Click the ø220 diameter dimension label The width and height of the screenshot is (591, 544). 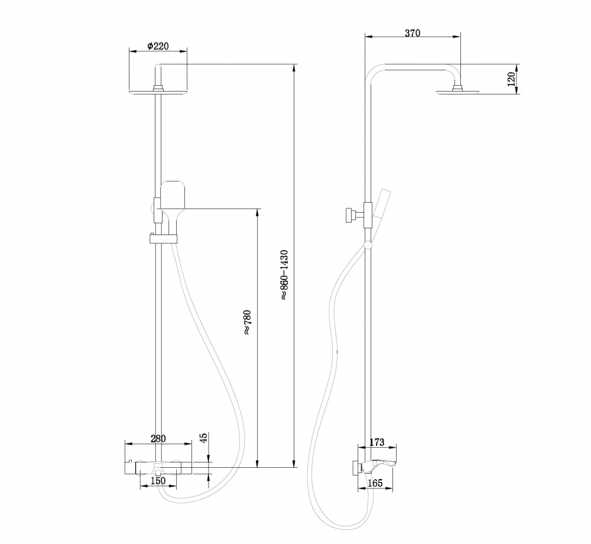click(x=157, y=46)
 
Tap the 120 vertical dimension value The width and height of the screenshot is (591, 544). click(x=512, y=78)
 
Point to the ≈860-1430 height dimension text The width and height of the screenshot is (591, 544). click(x=284, y=275)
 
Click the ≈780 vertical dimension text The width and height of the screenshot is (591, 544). click(x=247, y=323)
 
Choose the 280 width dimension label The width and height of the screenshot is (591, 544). click(x=158, y=438)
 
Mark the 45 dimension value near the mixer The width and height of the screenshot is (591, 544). click(x=204, y=438)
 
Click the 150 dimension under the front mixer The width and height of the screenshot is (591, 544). click(x=158, y=481)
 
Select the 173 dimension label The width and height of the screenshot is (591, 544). click(x=376, y=442)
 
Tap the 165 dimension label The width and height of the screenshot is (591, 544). click(x=375, y=483)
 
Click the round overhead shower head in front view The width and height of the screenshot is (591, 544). click(x=158, y=92)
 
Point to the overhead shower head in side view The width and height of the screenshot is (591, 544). click(x=457, y=91)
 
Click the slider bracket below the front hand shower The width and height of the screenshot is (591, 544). click(x=163, y=239)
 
